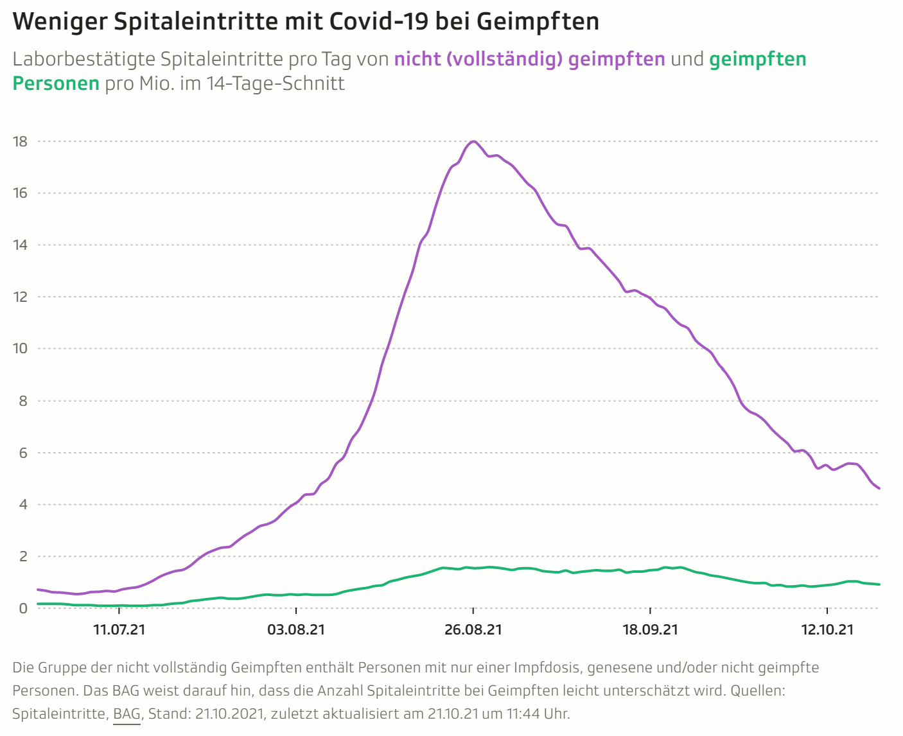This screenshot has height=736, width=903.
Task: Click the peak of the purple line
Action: point(473,141)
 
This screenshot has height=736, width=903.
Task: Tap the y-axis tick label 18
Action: point(21,141)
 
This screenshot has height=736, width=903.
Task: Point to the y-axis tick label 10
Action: point(21,349)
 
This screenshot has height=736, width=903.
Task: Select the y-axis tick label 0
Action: point(23,608)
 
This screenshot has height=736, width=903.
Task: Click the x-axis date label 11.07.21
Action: point(119,629)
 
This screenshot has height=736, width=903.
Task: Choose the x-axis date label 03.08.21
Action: point(296,629)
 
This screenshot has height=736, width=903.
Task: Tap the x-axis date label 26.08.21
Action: point(473,629)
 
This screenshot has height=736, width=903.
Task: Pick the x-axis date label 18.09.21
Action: point(650,629)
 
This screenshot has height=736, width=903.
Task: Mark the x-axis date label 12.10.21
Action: point(827,629)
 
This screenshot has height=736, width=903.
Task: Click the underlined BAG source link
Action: point(127,714)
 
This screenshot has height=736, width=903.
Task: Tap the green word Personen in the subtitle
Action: point(56,83)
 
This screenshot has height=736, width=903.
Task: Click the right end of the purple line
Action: point(879,489)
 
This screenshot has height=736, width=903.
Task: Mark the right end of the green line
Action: point(879,584)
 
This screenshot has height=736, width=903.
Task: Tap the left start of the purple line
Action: point(39,590)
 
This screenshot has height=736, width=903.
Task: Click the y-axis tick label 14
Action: point(21,245)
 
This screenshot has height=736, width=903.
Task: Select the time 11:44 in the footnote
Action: point(523,714)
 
